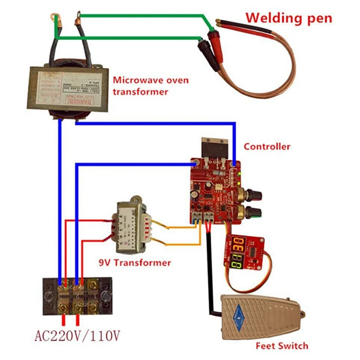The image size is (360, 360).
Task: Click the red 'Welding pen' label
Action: pos(288,18)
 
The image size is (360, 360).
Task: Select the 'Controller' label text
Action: pos(267,147)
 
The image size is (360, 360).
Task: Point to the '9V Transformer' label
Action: pos(135,262)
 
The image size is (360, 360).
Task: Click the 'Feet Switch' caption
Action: pos(282,346)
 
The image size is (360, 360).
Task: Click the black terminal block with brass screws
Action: pos(77,297)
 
